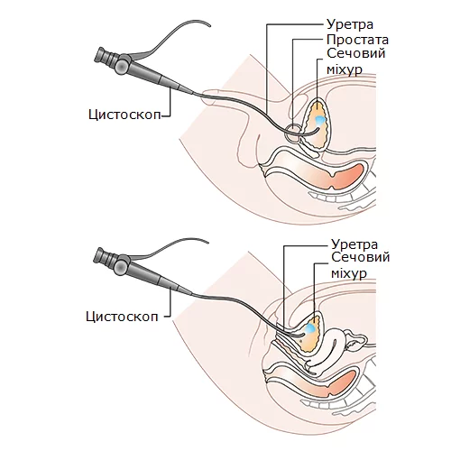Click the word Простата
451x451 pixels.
(357, 40)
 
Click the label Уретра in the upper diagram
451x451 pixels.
(350, 24)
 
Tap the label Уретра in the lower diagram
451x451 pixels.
(354, 244)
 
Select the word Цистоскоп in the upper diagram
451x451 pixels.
(124, 115)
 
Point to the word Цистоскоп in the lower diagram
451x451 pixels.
(122, 317)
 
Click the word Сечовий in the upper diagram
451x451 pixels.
(356, 53)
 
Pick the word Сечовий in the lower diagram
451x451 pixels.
(361, 257)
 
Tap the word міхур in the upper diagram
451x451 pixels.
(345, 70)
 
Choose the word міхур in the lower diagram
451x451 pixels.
(349, 274)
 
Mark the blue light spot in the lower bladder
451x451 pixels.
(310, 328)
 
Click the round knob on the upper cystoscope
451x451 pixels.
(122, 66)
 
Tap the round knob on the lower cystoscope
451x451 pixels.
(122, 266)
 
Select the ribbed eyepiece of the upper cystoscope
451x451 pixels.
(105, 57)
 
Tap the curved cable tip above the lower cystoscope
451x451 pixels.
(207, 242)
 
